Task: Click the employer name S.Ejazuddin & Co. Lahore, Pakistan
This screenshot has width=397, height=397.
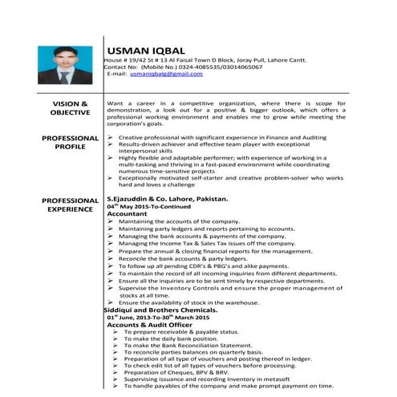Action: click(168, 197)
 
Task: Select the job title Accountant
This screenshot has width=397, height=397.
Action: click(128, 214)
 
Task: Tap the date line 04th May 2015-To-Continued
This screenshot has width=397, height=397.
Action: click(152, 206)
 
